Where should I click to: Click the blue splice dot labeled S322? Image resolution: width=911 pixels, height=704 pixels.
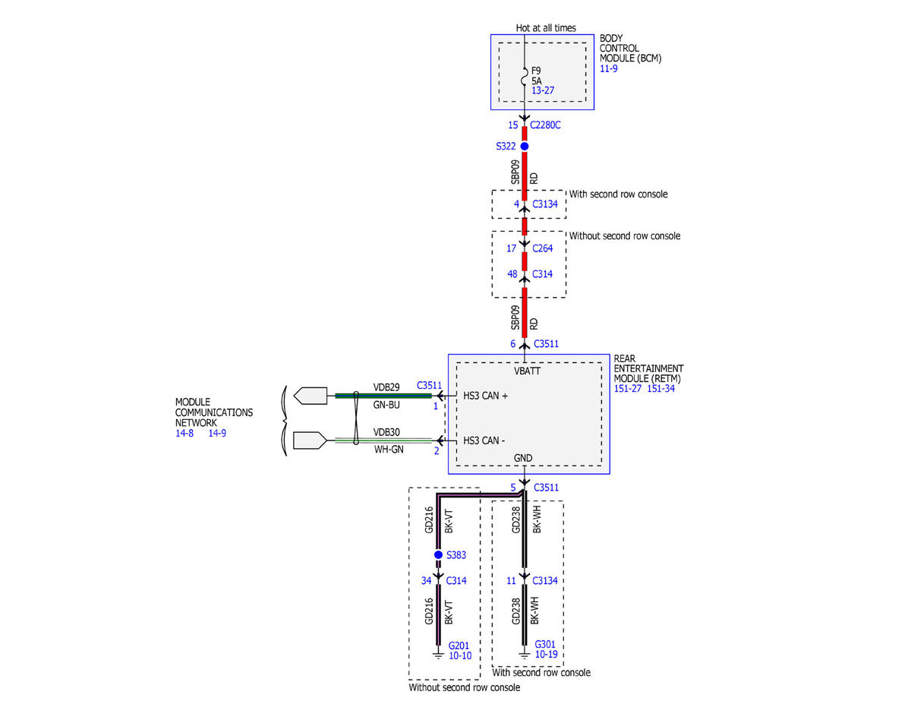coord(524,146)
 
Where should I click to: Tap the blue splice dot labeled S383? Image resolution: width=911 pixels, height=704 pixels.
coord(438,554)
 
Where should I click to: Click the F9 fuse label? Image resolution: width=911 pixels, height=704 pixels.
coord(536,71)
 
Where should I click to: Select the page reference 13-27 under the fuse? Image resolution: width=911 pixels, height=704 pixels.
coord(543,90)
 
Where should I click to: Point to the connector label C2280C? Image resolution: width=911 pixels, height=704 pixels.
coord(545,125)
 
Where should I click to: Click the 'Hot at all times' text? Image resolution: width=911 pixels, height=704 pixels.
coord(545,27)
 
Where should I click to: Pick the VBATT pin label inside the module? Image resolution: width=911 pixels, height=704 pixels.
coord(527,371)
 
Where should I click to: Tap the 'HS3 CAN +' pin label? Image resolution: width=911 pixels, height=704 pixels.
coord(485,396)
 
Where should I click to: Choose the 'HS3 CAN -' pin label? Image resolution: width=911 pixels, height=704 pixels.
coord(484,440)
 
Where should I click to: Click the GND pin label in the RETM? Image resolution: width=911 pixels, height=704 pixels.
coord(523,458)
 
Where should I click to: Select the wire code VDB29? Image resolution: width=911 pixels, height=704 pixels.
coord(386,387)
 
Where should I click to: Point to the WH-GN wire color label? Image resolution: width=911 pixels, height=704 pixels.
coord(389,449)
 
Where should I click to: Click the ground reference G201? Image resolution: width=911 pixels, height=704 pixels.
coord(459,646)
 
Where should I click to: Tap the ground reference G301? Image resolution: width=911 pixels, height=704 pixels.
coord(545,644)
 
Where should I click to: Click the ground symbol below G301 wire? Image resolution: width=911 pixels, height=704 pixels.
coord(524,655)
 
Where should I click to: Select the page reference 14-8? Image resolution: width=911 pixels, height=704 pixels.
coord(184,433)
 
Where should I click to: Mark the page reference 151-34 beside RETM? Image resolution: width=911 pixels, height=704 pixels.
coord(660,388)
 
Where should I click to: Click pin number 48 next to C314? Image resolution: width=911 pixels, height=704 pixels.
coord(512,274)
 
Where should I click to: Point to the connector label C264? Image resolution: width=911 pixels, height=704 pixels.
coord(543,248)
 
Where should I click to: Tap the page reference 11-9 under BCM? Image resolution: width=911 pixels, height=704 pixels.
coord(608,68)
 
